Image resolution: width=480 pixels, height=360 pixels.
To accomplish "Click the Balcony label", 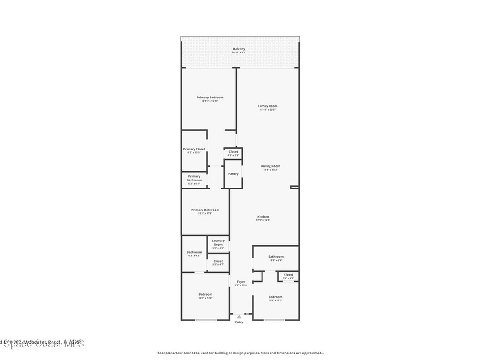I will [x=239, y=49].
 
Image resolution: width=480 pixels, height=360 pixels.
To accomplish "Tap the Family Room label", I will [x=268, y=106].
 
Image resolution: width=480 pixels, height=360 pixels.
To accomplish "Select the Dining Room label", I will [x=270, y=166].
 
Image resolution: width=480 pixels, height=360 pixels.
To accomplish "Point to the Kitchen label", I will [x=263, y=217].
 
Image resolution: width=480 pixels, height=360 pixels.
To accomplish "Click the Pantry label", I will [x=233, y=174].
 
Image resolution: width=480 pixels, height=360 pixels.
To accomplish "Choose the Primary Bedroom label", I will [x=210, y=97].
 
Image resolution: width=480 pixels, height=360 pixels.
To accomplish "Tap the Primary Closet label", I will [x=194, y=149].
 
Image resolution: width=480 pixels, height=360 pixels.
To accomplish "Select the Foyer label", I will [x=241, y=282].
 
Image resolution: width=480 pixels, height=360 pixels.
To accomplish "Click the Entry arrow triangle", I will [x=240, y=317].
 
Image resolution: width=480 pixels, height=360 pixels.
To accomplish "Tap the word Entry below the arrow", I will [x=240, y=322].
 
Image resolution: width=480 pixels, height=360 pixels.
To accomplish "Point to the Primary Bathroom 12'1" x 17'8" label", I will [x=205, y=210].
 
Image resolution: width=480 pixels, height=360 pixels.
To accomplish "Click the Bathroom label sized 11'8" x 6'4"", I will [x=276, y=257].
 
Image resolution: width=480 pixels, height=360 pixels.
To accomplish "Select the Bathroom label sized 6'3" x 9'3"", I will [x=194, y=252].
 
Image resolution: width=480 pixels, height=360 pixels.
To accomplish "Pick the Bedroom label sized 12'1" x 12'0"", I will [x=205, y=294].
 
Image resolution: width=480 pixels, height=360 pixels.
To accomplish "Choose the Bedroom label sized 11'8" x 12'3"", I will [x=276, y=297].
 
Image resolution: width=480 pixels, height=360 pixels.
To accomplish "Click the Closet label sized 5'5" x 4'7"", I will [x=218, y=261].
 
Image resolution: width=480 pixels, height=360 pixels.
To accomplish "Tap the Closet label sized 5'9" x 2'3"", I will [x=289, y=275].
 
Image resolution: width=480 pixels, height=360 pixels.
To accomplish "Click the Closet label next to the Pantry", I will [x=233, y=152].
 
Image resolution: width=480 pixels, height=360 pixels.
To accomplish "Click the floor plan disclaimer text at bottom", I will [x=240, y=353].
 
